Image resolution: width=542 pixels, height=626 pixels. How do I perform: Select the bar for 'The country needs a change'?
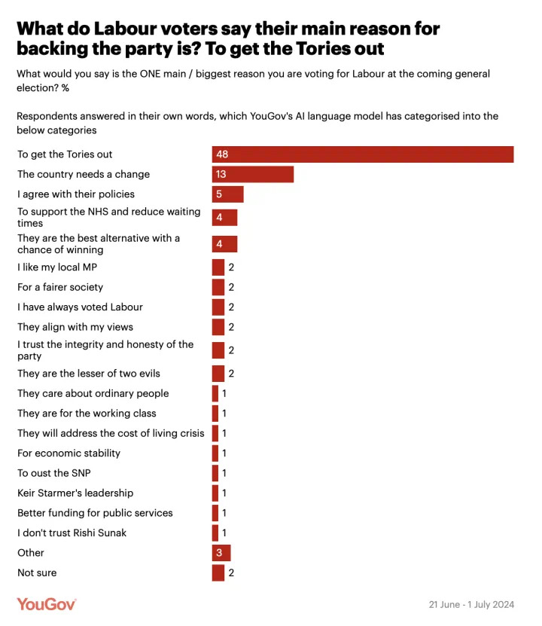[253, 174]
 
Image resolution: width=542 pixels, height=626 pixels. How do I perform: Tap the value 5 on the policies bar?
[219, 194]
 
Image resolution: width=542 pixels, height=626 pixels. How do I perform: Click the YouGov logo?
[47, 604]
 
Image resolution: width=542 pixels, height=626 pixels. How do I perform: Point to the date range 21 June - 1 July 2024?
[471, 605]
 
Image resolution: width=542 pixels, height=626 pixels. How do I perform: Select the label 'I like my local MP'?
[57, 267]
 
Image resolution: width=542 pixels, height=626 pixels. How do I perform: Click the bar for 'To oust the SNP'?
[215, 473]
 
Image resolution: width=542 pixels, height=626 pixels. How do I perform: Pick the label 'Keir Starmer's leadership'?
[75, 493]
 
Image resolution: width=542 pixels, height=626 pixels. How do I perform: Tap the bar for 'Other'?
[221, 553]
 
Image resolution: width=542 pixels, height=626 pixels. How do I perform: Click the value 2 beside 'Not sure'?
[232, 573]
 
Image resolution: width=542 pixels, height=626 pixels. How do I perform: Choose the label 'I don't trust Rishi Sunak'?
[72, 533]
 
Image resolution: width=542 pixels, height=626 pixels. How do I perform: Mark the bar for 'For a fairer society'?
[218, 287]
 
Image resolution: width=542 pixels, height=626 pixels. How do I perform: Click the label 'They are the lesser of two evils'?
[89, 374]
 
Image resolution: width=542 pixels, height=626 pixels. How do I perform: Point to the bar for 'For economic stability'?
[215, 453]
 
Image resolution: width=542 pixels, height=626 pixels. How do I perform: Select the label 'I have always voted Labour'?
[80, 307]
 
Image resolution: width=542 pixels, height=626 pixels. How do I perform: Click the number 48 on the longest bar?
[222, 154]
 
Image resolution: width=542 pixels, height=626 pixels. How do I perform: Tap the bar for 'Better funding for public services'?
[215, 513]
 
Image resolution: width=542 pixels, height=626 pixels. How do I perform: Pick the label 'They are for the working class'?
[87, 414]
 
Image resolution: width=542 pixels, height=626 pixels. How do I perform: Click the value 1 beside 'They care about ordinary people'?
[224, 393]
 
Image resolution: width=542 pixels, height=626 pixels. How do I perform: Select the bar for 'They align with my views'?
[218, 327]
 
